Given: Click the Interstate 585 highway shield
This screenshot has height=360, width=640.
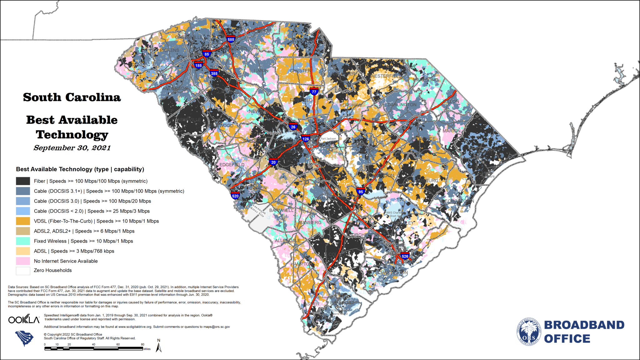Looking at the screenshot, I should pos(231,39).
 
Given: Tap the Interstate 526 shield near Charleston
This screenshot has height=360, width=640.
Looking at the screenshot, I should pos(405,256).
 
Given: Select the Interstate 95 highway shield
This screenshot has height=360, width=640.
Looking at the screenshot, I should pos(361,191).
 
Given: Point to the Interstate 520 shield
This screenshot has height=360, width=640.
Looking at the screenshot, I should pos(235,196).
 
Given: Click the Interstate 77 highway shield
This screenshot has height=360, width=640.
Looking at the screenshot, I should pos(314,92).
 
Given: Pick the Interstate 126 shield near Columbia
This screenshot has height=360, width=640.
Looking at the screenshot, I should pos(306,139).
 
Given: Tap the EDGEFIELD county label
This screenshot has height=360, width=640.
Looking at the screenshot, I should pos(232,165).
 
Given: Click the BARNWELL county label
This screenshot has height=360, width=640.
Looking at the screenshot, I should pos(281,210).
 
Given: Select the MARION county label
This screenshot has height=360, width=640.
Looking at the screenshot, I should pos(451,131).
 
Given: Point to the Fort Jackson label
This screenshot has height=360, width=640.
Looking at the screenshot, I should pos(328,139).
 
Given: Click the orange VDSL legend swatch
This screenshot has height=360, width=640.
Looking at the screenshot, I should pos(23,221).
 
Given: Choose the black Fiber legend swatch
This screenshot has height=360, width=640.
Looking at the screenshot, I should pos(23,181).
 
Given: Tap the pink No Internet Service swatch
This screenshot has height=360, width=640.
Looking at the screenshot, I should pos(23,261).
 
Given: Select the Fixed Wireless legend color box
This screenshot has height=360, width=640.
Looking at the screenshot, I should pos(23,241).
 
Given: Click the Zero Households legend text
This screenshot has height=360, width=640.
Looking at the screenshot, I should pos(53,270).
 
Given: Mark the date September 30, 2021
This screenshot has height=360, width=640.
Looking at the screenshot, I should pos(72,148).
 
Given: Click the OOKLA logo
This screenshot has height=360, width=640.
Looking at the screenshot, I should pos(24,319).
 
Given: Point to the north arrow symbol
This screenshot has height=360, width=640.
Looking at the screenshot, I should pos(159,346).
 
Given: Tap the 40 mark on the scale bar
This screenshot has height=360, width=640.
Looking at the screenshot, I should pos(93,345).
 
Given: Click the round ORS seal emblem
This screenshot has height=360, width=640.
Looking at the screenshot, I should pos(528,332).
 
